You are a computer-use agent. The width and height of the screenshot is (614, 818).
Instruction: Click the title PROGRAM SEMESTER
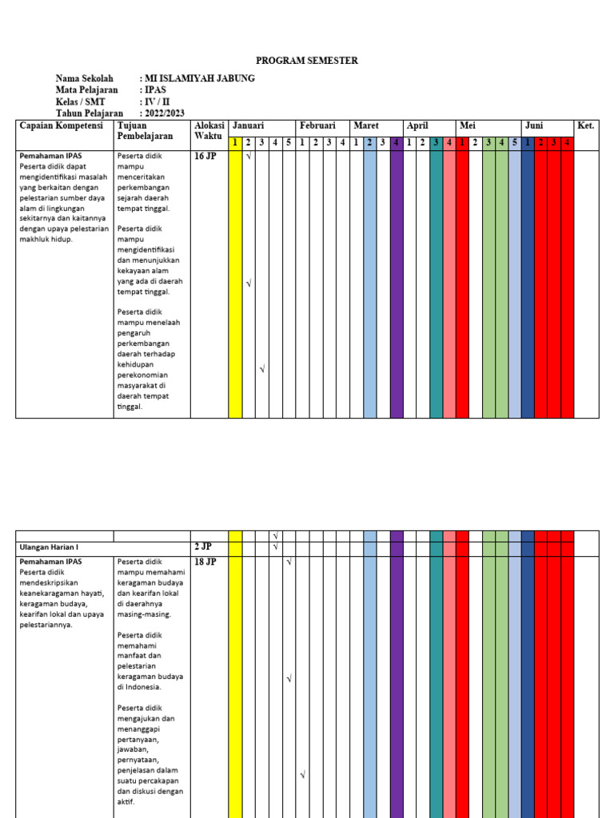click(307, 61)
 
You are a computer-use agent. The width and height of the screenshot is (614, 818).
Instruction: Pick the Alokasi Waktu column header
click(208, 131)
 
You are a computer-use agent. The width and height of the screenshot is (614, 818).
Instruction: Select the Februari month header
click(317, 126)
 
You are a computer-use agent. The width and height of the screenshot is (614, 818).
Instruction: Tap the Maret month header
click(366, 126)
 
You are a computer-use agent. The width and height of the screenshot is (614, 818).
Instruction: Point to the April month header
click(418, 126)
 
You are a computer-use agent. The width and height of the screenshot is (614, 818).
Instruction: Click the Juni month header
click(534, 126)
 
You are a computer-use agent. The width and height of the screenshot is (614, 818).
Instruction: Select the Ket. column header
click(586, 126)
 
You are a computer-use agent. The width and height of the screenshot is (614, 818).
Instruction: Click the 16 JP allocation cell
click(205, 157)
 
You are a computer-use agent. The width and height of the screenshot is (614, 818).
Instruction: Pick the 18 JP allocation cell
click(205, 562)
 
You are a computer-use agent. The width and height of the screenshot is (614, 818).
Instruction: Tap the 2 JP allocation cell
click(203, 547)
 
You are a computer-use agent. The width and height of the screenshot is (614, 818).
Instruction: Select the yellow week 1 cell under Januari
click(235, 143)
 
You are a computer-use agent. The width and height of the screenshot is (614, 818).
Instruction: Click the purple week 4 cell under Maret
click(397, 143)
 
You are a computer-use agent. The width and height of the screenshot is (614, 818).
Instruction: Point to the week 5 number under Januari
click(288, 143)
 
